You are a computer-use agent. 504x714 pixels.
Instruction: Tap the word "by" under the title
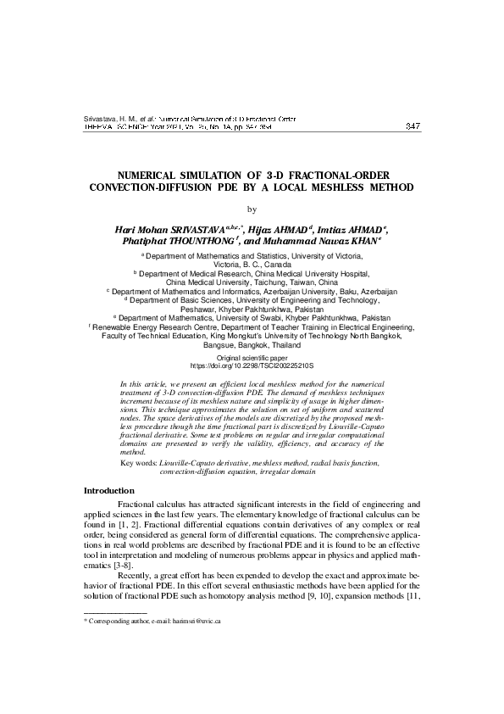point(251,208)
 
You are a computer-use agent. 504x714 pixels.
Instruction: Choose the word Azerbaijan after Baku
point(361,292)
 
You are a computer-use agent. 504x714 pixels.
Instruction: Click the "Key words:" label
point(139,464)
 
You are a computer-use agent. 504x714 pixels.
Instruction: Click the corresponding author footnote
point(152,622)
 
